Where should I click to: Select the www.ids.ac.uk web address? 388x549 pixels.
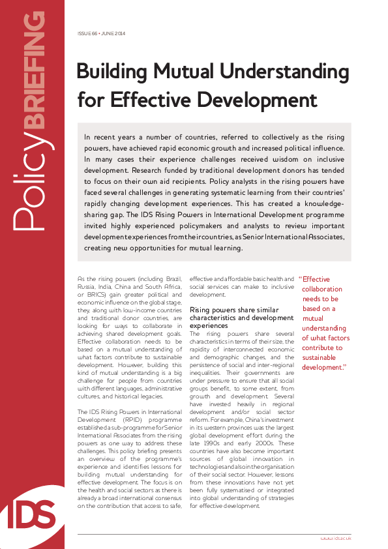click(x=336, y=538)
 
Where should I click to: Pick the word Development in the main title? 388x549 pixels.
click(x=259, y=100)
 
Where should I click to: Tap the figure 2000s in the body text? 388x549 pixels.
click(x=267, y=454)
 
